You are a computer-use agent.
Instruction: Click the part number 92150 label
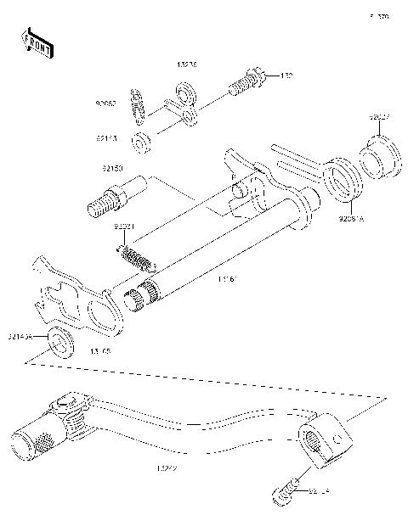(110, 168)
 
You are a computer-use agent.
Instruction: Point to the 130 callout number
(287, 76)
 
